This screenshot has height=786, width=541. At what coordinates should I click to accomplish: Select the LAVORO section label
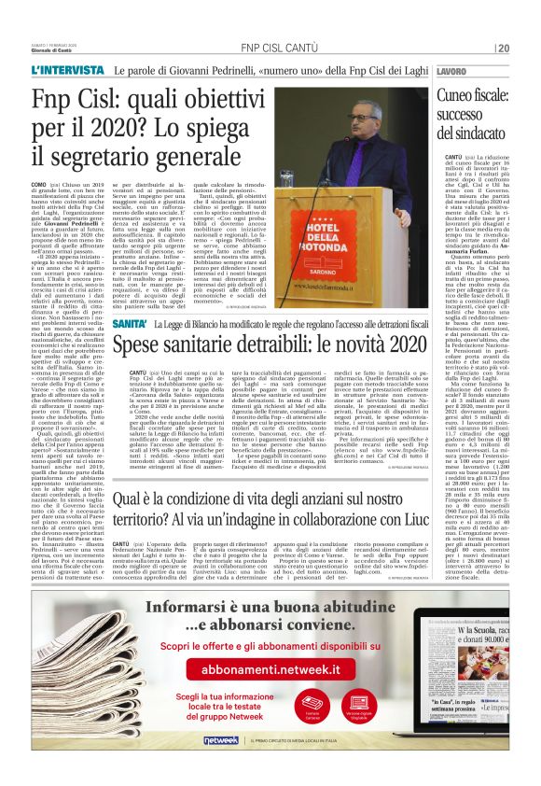click(x=451, y=72)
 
